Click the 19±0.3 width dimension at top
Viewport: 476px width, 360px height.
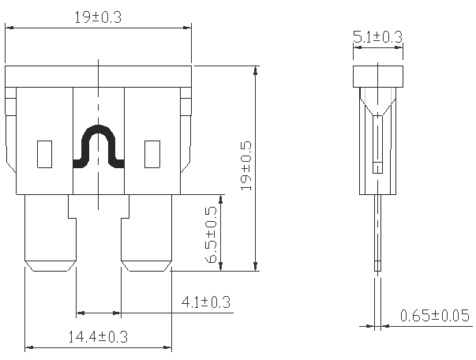click(98, 17)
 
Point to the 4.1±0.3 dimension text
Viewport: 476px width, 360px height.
click(205, 301)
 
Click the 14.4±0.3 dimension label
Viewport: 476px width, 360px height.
click(98, 336)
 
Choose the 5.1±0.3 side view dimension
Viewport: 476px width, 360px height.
click(377, 37)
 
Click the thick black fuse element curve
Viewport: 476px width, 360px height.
click(99, 146)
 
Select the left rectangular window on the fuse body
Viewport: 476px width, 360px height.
click(45, 153)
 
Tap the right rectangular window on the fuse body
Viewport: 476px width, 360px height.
click(152, 153)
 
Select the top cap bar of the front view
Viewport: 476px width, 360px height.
click(98, 76)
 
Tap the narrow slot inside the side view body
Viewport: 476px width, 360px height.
click(379, 142)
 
